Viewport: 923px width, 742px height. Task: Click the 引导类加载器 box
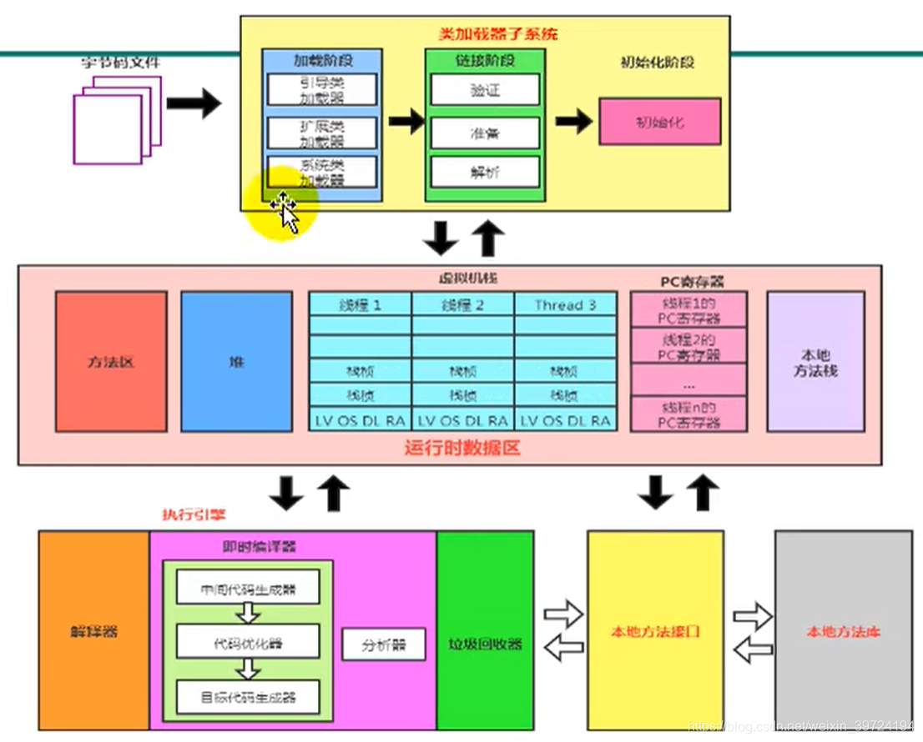point(322,89)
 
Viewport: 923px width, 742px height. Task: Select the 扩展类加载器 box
point(322,133)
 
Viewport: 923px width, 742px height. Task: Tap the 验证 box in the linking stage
point(485,90)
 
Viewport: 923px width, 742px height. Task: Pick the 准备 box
point(485,133)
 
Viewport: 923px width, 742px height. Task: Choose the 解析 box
point(485,173)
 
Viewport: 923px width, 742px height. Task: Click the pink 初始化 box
point(659,122)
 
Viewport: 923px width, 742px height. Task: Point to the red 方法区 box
point(111,362)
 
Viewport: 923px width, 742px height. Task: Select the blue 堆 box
point(236,362)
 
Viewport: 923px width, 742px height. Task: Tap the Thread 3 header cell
point(565,304)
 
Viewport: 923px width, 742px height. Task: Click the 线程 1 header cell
point(360,304)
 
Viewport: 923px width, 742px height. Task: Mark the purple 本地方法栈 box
point(815,362)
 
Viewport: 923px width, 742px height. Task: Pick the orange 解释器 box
point(93,631)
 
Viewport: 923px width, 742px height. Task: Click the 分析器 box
point(384,644)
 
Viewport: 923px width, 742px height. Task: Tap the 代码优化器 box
point(248,642)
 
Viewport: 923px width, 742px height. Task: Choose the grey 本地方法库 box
point(843,631)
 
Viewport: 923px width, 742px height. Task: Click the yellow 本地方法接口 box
point(655,631)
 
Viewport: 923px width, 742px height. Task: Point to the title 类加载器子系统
point(497,35)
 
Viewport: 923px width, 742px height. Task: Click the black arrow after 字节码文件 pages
point(194,104)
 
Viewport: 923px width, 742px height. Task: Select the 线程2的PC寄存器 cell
point(689,347)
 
